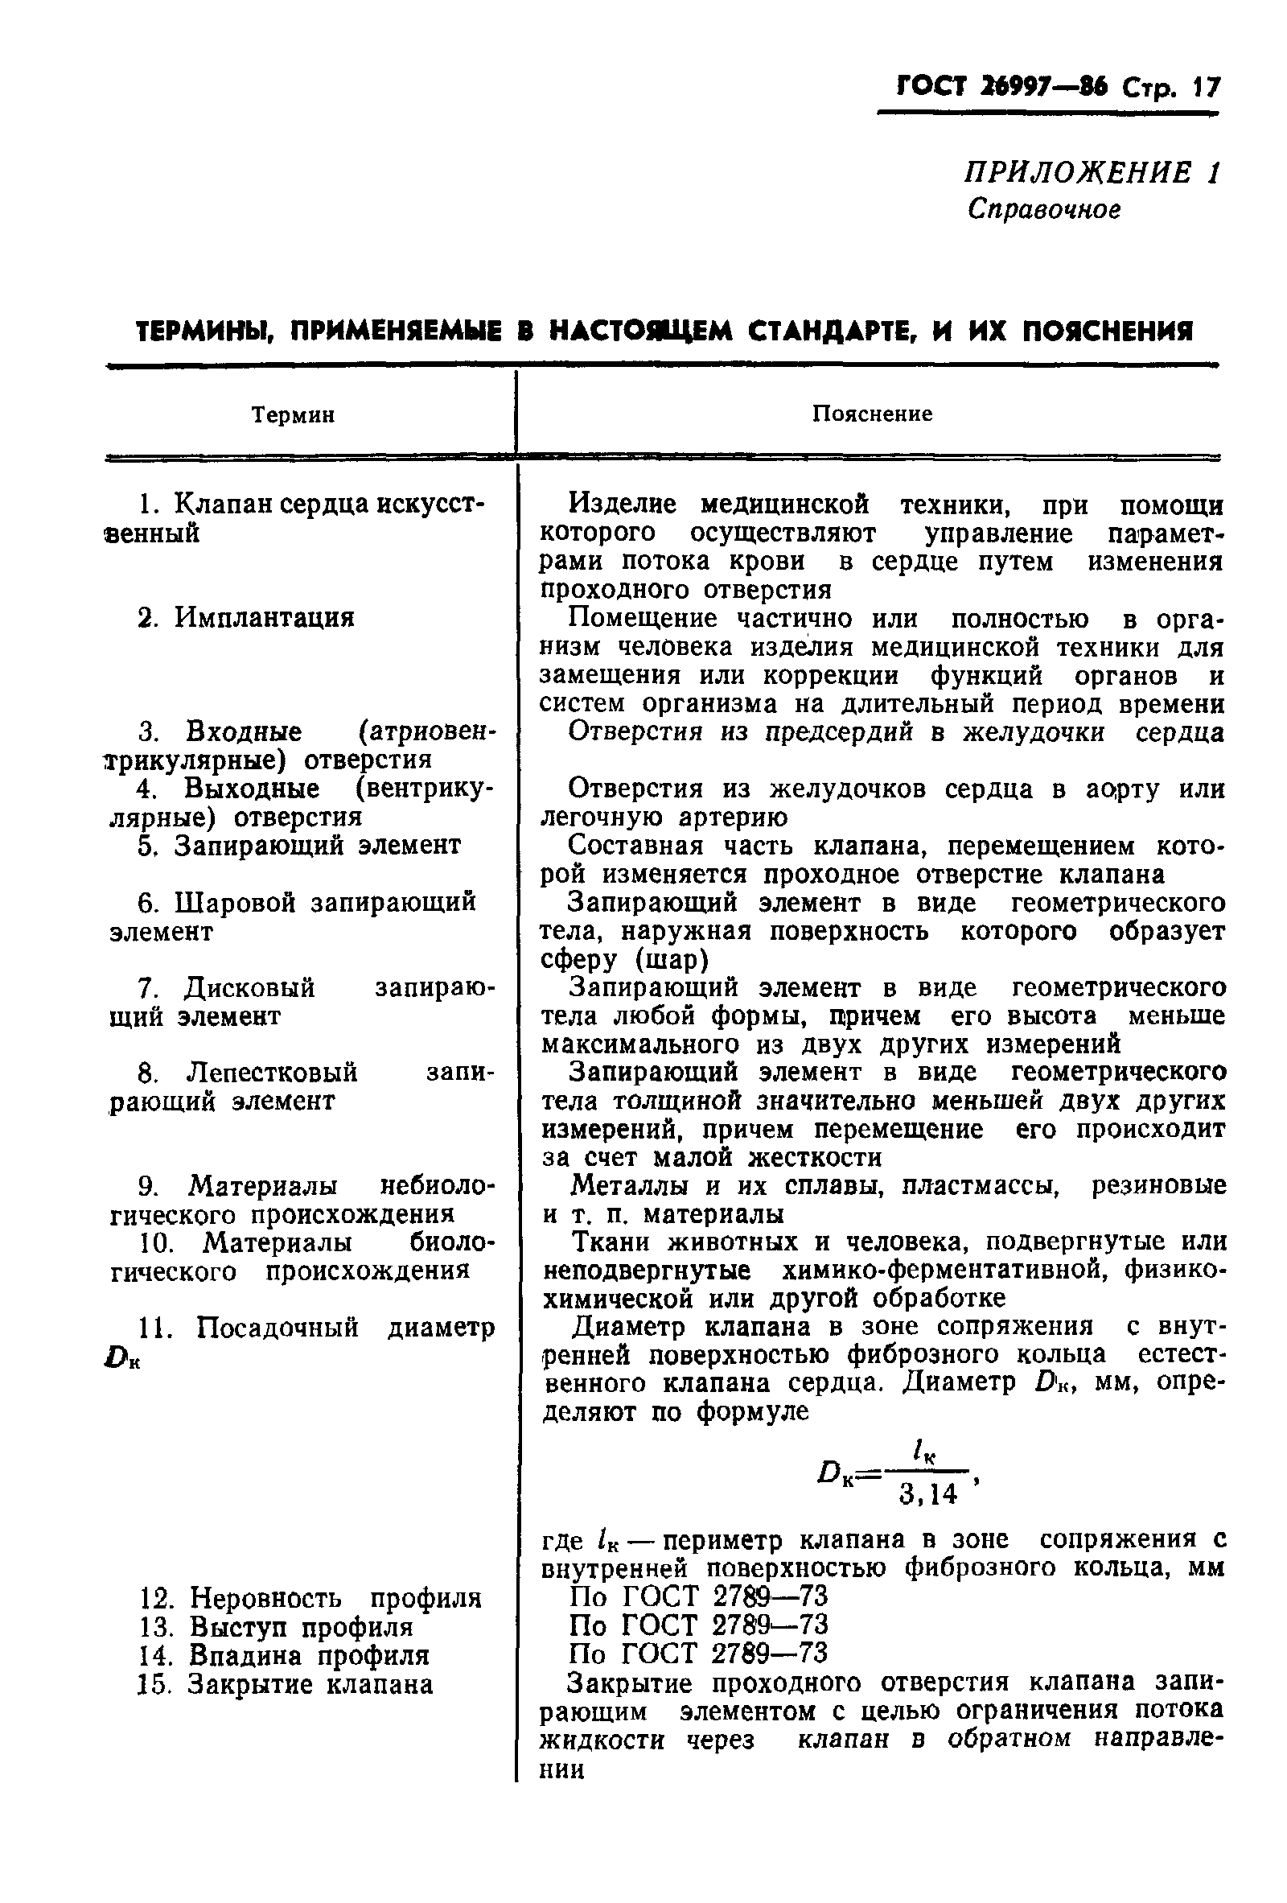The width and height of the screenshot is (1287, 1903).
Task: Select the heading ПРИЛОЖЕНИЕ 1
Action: pos(1092,173)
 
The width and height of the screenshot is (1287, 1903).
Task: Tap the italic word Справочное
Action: pos(1044,210)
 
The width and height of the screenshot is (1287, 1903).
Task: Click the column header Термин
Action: pos(293,415)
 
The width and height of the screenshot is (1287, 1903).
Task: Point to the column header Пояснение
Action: pos(872,414)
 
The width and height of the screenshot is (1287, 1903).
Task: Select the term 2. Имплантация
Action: pos(245,616)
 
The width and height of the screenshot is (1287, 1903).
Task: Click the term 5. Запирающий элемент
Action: pos(299,845)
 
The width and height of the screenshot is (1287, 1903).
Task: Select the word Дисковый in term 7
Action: pos(249,987)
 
